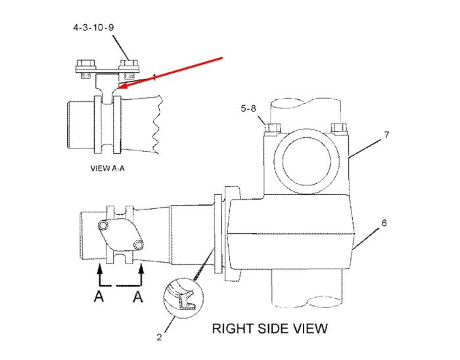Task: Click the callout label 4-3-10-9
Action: [93, 28]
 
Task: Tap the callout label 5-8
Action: [248, 108]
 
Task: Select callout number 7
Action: [386, 135]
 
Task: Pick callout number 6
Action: [384, 223]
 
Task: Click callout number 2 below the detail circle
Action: [159, 337]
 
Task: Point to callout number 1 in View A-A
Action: [154, 78]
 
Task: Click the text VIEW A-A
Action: [107, 168]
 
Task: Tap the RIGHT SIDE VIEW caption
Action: [269, 328]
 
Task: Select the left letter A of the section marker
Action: [99, 296]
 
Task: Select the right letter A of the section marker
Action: [137, 296]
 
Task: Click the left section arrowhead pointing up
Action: [100, 268]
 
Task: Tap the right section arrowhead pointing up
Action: [141, 268]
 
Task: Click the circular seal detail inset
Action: [183, 298]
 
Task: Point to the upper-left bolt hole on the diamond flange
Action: [103, 225]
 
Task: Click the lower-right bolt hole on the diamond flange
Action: [138, 244]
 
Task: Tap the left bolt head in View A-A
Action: [86, 63]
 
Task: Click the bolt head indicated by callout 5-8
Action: [273, 128]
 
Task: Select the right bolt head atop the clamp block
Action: [339, 128]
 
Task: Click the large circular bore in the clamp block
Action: [307, 161]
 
